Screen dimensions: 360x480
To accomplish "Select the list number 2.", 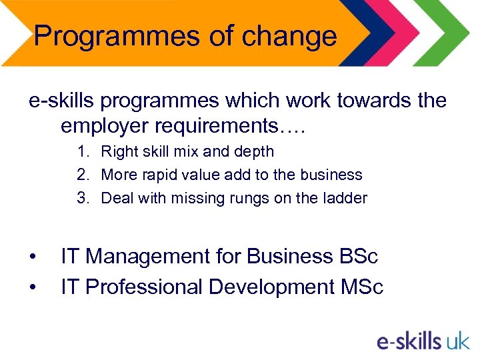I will (x=82, y=175).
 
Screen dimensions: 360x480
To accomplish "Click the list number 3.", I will (x=82, y=198).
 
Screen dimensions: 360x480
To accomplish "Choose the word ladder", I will (x=345, y=198).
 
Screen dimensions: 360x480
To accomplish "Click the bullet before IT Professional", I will (x=33, y=288).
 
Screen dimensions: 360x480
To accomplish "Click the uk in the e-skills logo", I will (x=457, y=341).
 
